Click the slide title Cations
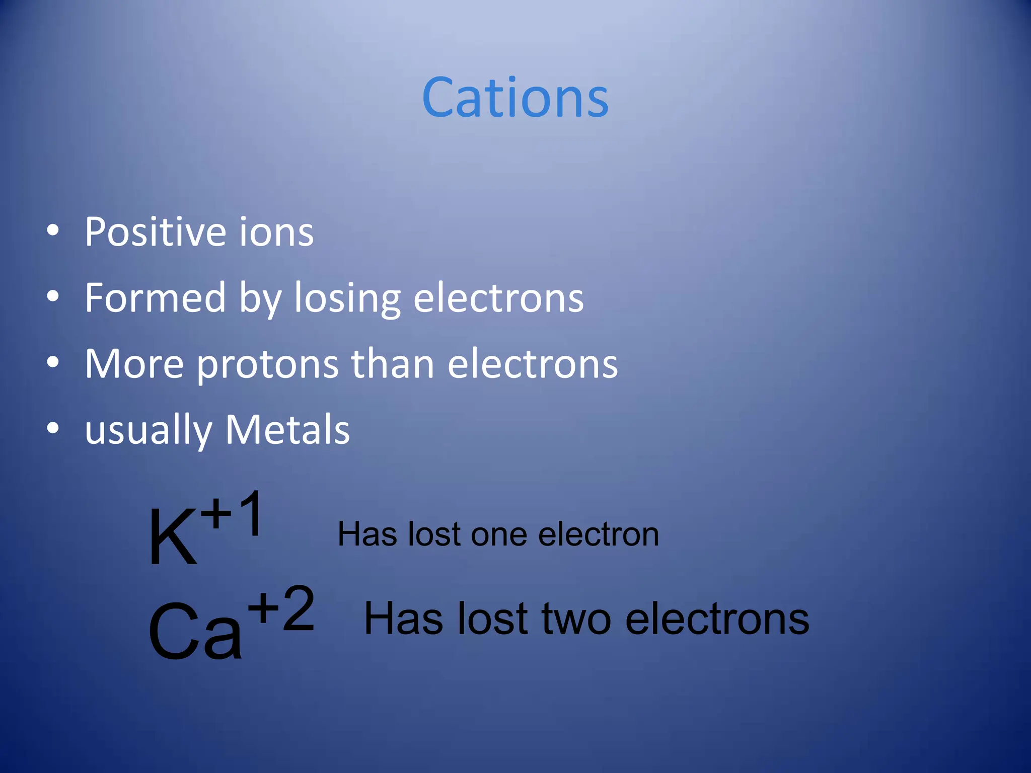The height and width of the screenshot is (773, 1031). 515,98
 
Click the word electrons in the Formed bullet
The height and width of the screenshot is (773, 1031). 498,298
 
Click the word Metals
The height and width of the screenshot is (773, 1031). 287,430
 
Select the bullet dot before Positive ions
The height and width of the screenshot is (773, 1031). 53,231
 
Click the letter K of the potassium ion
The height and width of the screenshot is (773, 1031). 172,537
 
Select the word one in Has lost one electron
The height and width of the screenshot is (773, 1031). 499,534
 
